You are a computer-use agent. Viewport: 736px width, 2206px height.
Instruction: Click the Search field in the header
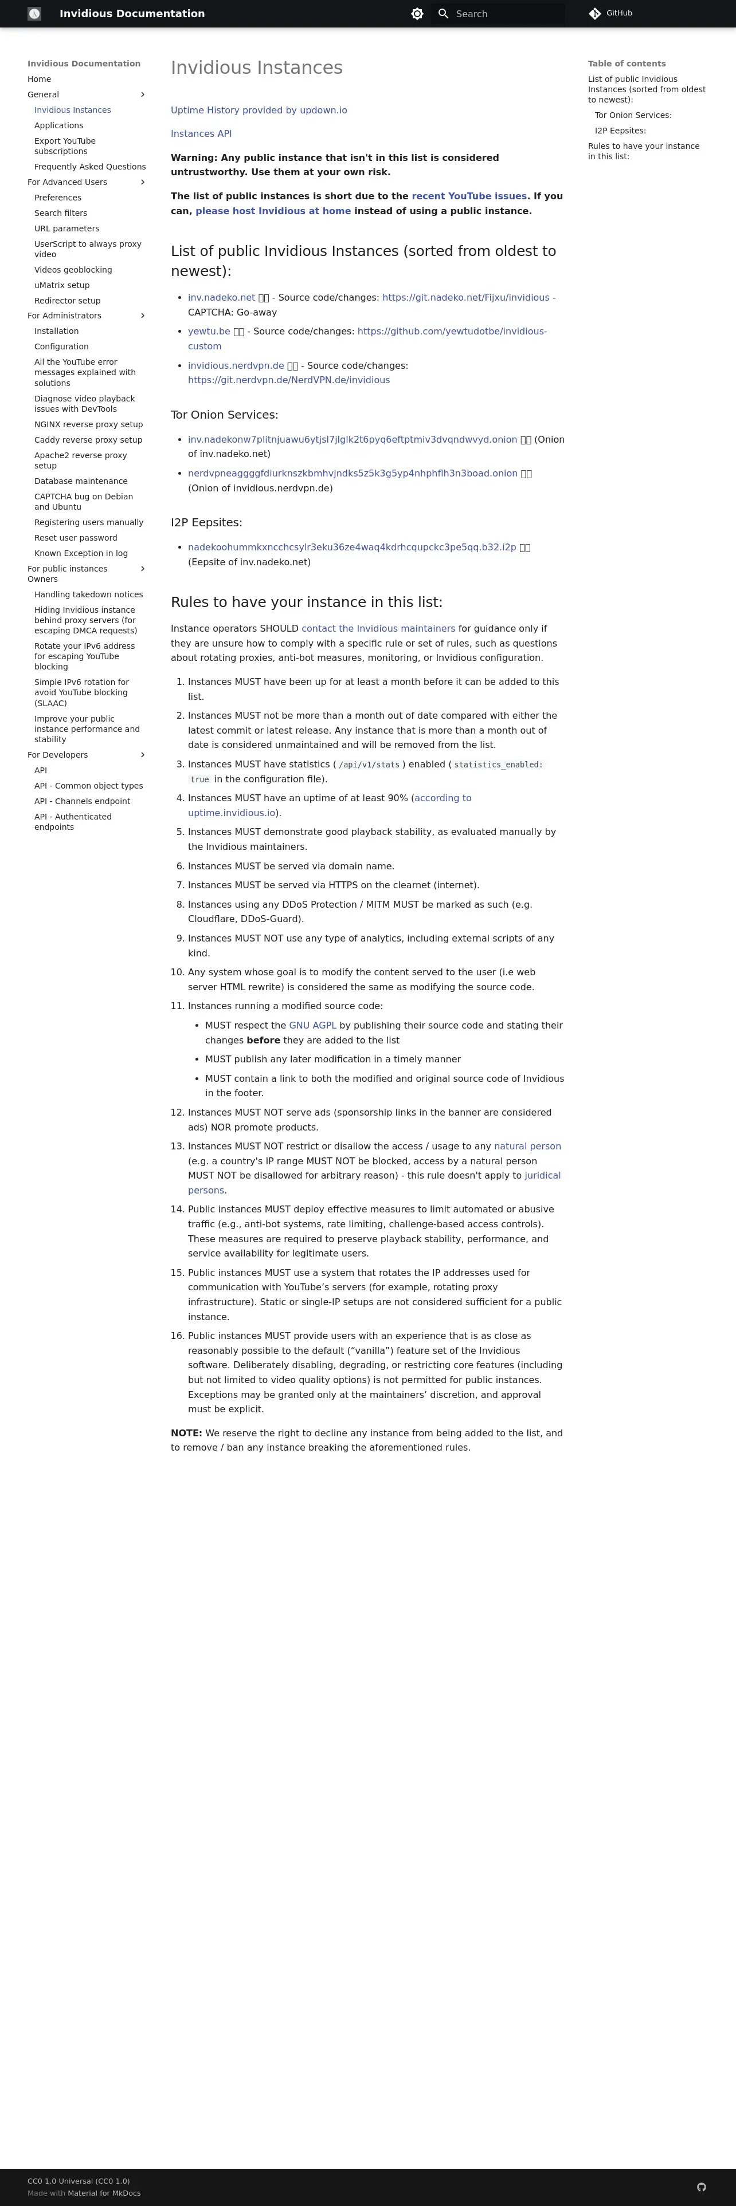point(506,14)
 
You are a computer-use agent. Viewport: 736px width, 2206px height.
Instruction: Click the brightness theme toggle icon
point(417,14)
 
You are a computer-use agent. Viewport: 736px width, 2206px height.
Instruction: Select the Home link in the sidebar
point(40,79)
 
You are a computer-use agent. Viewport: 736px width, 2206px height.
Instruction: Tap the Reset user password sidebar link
point(76,538)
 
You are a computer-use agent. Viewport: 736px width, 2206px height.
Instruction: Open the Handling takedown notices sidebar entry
point(88,594)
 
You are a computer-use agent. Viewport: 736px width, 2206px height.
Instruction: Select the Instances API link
point(201,133)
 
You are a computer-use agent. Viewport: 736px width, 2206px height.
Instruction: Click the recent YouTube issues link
point(469,196)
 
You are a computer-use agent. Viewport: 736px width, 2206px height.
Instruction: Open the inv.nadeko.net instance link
point(221,297)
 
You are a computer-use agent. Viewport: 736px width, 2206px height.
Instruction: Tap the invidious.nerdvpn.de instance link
point(236,366)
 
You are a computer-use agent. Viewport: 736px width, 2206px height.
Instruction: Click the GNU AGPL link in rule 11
point(312,1025)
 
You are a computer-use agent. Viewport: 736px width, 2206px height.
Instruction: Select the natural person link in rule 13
point(527,1146)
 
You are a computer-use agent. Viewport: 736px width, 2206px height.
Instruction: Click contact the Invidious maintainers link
point(378,629)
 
